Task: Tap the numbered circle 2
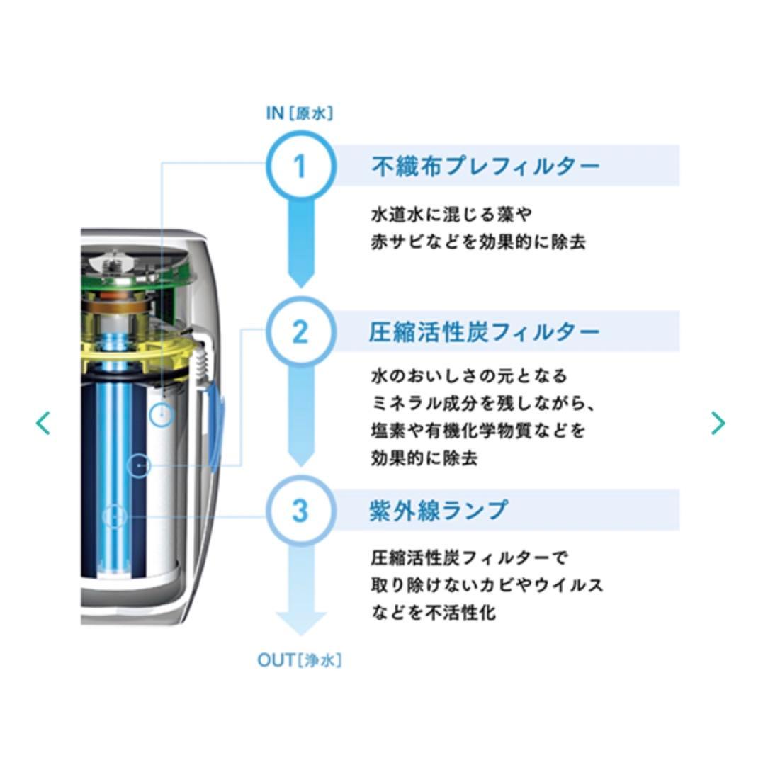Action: [300, 331]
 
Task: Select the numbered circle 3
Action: [300, 510]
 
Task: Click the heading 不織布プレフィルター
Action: [485, 166]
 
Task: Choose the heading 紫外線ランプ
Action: [439, 510]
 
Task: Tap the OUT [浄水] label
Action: [299, 661]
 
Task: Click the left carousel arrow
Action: [43, 423]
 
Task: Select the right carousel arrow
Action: [718, 423]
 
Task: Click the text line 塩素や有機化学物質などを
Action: [478, 431]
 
